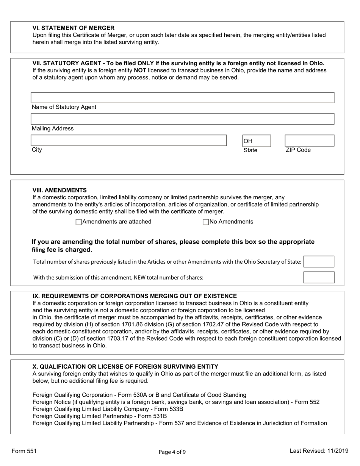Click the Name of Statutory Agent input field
point(182,98)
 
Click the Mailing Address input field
point(182,119)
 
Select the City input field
point(128,141)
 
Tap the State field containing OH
point(257,141)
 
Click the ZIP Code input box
point(309,141)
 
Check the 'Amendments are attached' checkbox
point(79,222)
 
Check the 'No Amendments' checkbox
point(206,222)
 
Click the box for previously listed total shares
point(319,262)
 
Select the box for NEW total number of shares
point(319,277)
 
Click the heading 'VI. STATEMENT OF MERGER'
point(74,28)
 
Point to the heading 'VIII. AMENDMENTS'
point(59,190)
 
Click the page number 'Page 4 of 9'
point(172,452)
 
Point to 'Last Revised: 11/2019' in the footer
point(318,451)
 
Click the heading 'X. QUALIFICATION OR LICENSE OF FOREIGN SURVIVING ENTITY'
point(125,366)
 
